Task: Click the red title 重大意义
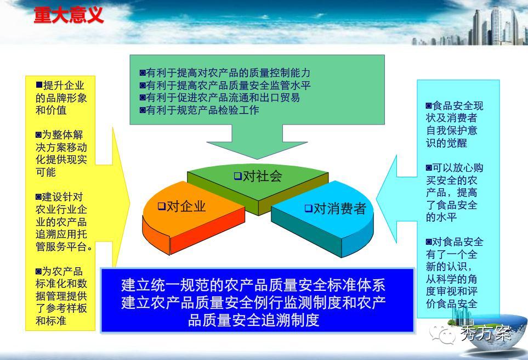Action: pyautogui.click(x=69, y=16)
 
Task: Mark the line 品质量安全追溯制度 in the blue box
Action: pyautogui.click(x=253, y=320)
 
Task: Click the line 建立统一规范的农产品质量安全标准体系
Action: pyautogui.click(x=253, y=285)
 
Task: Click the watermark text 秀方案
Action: pyautogui.click(x=486, y=333)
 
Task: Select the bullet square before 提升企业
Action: pyautogui.click(x=39, y=85)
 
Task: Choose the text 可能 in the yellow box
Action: pyautogui.click(x=46, y=172)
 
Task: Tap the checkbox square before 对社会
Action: pyautogui.click(x=238, y=176)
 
